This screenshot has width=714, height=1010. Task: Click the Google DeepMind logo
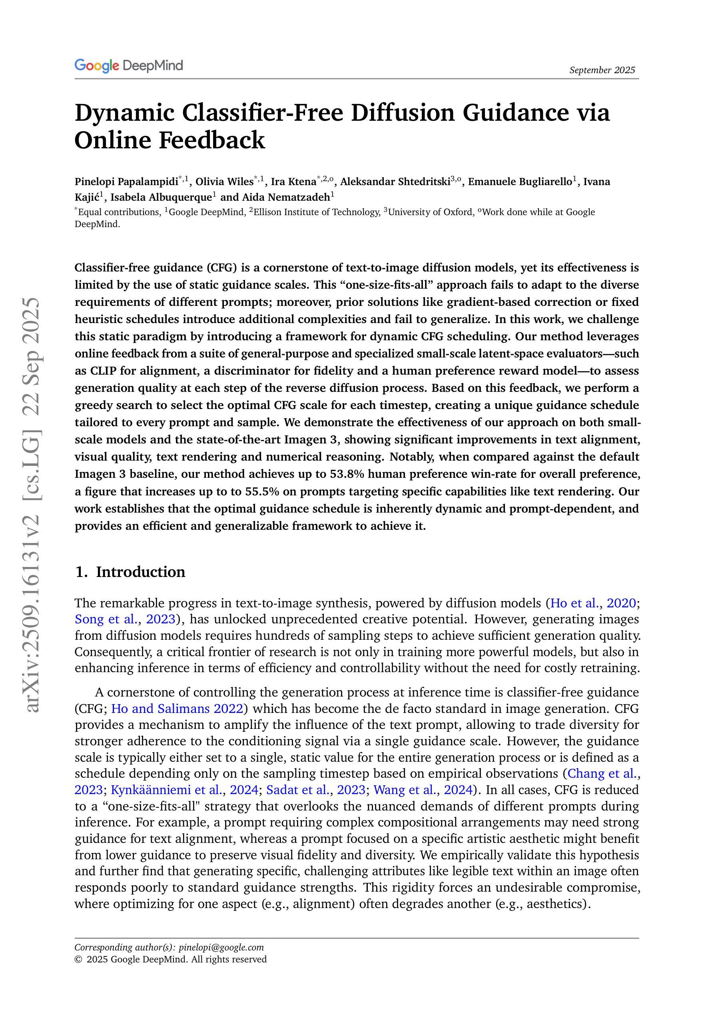click(x=128, y=66)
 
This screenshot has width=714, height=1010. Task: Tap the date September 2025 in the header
click(x=602, y=70)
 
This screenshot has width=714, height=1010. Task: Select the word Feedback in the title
click(x=211, y=140)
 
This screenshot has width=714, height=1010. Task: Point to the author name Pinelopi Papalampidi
click(x=126, y=182)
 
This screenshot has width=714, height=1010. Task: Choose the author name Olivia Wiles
click(x=224, y=182)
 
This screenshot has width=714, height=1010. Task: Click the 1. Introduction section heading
click(x=130, y=572)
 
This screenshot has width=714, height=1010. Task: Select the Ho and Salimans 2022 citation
click(x=177, y=709)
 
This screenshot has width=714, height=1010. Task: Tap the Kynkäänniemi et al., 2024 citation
click(x=184, y=790)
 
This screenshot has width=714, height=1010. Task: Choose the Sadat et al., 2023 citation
click(x=315, y=790)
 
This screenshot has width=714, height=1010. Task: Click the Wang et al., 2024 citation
click(x=422, y=790)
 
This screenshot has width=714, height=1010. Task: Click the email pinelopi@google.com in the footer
click(x=221, y=947)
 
